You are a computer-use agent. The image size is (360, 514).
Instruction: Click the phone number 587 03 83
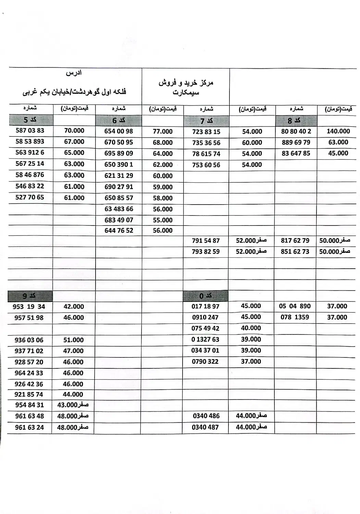(x=30, y=131)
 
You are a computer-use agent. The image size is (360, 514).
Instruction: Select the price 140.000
(x=338, y=131)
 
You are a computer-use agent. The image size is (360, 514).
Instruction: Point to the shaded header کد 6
(x=119, y=121)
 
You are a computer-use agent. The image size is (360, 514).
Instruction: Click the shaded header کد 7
(x=206, y=121)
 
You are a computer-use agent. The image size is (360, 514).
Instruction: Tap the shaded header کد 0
(x=206, y=296)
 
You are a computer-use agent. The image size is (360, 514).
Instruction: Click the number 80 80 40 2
(x=296, y=131)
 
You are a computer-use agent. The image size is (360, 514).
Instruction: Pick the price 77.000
(x=163, y=132)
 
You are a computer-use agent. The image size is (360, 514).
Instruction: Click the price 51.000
(x=73, y=340)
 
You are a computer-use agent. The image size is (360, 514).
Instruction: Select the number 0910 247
(x=205, y=317)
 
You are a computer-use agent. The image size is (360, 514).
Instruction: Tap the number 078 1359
(x=295, y=317)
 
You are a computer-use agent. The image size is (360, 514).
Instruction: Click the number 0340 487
(x=206, y=427)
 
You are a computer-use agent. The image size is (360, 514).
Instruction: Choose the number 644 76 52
(x=119, y=231)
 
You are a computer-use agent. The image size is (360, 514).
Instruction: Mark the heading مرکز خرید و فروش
(x=186, y=83)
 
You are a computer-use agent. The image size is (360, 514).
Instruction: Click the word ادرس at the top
(x=74, y=73)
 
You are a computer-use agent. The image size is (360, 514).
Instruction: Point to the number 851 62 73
(x=295, y=252)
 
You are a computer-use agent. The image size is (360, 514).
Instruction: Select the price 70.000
(x=74, y=131)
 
